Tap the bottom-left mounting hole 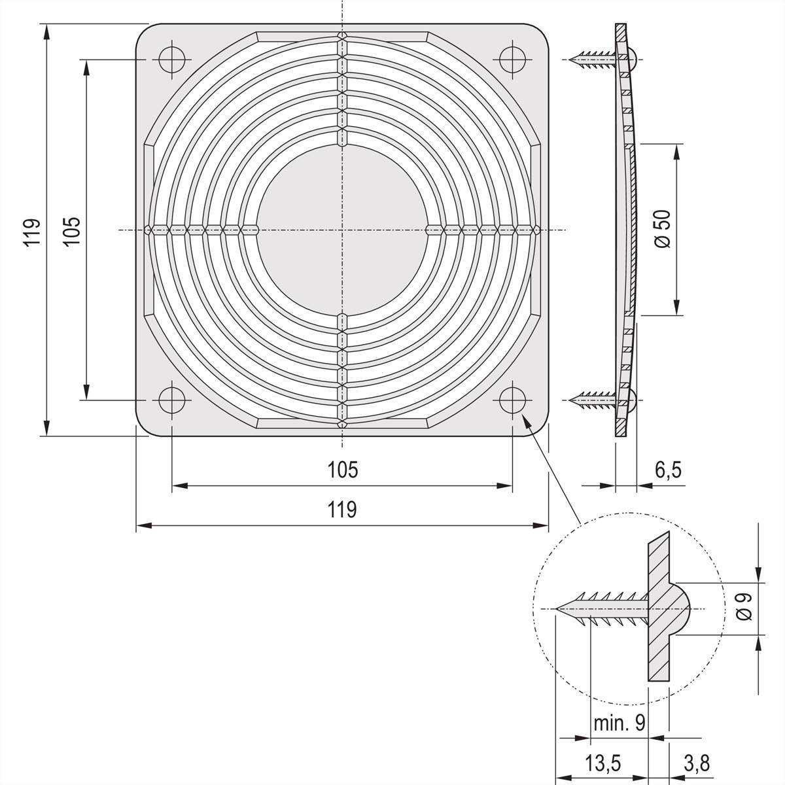pos(172,400)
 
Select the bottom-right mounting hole pos(512,400)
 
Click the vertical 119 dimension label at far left pos(32,232)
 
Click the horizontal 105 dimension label pos(343,470)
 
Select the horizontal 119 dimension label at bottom pos(342,510)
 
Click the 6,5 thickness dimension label pos(668,470)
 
